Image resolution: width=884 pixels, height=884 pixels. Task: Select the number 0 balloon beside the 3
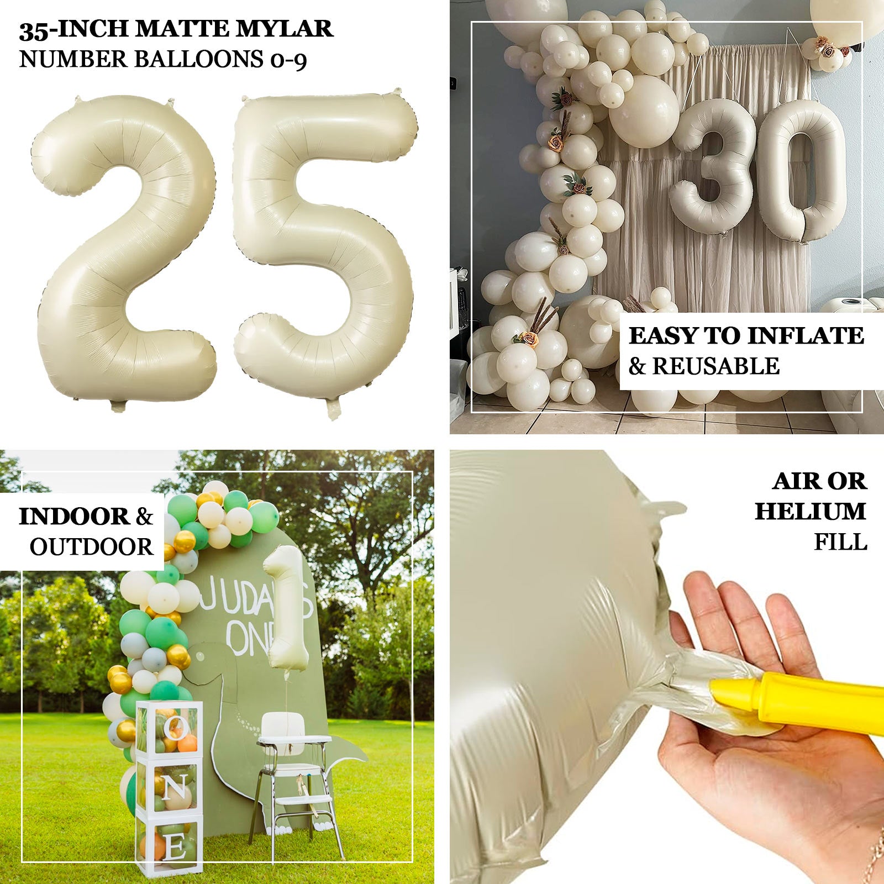pos(801,171)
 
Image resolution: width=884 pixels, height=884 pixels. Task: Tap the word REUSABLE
pos(716,366)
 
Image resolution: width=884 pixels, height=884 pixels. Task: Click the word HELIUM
pos(810,512)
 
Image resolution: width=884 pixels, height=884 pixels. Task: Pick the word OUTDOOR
pos(91,547)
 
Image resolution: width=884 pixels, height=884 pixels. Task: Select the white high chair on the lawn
pos(296,768)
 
